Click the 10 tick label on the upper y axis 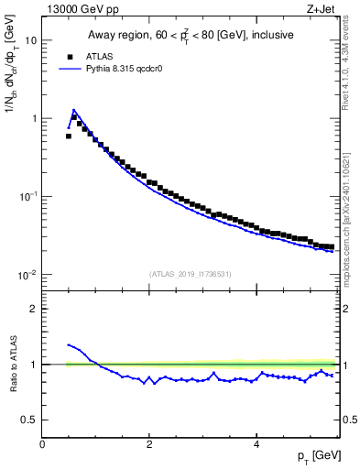(x=30, y=41)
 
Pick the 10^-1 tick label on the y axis (x=27, y=196)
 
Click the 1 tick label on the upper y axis (x=33, y=119)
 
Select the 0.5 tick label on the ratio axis (x=27, y=420)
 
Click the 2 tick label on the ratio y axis (x=33, y=309)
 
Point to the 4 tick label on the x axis (x=256, y=444)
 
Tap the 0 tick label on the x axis (x=42, y=444)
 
